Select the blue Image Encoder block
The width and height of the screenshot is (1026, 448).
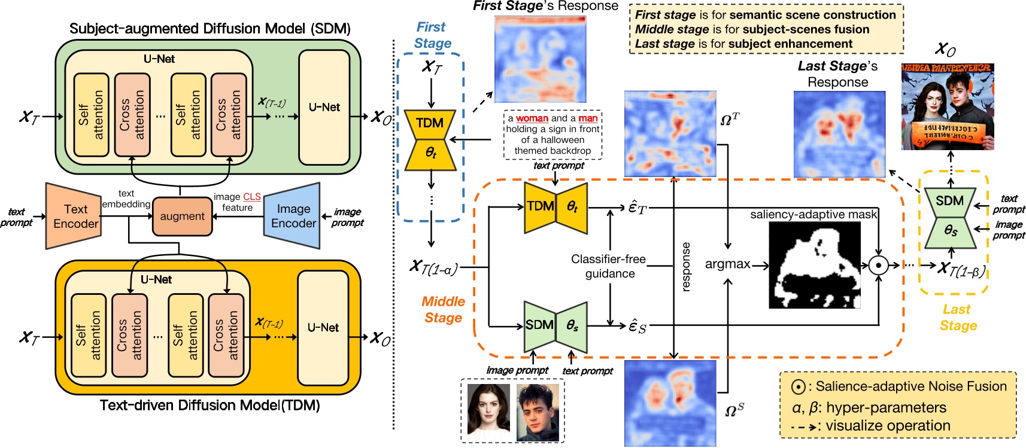[293, 216]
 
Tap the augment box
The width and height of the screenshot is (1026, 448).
[182, 217]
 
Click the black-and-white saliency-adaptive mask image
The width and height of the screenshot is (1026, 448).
[814, 265]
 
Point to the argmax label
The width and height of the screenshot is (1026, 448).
[727, 264]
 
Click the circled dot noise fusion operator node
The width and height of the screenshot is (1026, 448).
[878, 265]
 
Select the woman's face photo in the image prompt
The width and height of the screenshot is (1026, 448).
[488, 412]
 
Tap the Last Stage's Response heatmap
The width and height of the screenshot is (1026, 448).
[839, 134]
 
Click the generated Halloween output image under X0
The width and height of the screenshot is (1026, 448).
[948, 106]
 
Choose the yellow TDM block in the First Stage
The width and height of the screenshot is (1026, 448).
[430, 139]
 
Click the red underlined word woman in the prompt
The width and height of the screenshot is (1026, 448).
[532, 118]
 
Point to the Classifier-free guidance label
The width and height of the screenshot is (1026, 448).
[609, 266]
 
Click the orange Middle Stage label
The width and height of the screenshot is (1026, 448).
[443, 309]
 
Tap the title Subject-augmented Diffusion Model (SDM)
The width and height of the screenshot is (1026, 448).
[210, 29]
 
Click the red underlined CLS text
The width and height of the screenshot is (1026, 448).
[252, 197]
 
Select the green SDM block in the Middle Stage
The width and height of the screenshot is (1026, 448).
[555, 326]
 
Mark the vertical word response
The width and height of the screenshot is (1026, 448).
[686, 267]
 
